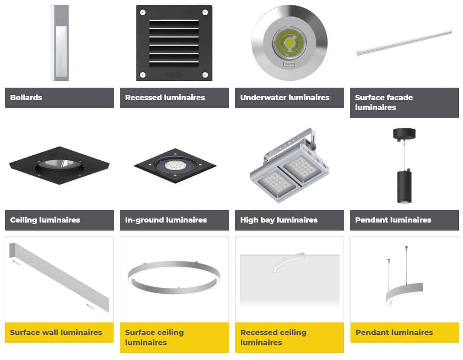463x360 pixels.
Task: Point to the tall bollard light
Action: [59, 43]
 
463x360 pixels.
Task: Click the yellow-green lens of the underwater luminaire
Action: [289, 43]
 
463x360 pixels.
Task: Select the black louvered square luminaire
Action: [174, 43]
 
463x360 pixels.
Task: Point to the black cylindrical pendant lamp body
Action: [404, 185]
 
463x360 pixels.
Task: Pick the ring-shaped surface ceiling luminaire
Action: [174, 277]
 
